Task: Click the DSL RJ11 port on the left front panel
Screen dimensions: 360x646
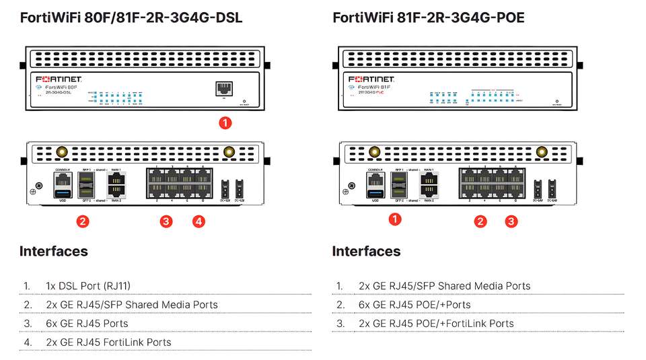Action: pos(223,89)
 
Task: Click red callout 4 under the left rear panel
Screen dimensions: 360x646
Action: pos(198,221)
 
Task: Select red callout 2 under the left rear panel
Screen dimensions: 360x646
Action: pos(83,221)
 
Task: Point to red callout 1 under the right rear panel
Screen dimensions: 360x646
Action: pos(396,219)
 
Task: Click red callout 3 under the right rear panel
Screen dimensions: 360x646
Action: pos(511,221)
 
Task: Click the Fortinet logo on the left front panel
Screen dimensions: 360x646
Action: pos(59,79)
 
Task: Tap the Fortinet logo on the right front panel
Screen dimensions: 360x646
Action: pos(371,79)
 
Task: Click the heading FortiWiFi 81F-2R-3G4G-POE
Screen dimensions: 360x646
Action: pos(429,18)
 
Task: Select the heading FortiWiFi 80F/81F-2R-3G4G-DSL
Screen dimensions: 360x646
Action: pos(131,18)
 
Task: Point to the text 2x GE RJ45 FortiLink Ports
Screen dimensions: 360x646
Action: pos(108,343)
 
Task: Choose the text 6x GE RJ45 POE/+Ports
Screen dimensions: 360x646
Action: pos(415,305)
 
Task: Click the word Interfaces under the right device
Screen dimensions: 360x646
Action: pos(366,252)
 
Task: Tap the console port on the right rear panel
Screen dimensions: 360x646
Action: pos(374,179)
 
